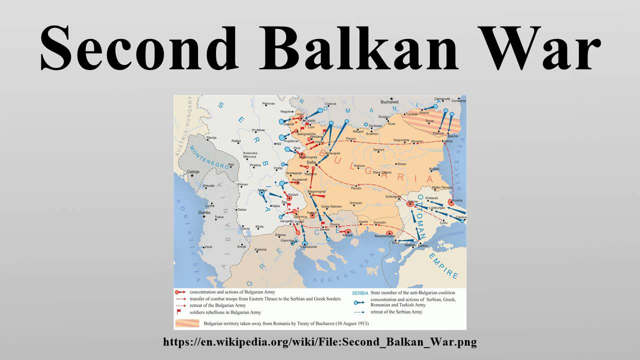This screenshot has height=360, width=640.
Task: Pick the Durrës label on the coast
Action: [x=204, y=213]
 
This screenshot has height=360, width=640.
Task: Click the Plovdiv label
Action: [x=356, y=187]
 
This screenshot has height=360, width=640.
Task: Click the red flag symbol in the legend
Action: [x=178, y=311]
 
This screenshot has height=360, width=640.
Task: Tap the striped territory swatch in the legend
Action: [x=186, y=323]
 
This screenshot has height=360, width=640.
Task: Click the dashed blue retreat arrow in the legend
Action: [x=359, y=312]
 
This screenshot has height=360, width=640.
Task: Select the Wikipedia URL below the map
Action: [x=320, y=342]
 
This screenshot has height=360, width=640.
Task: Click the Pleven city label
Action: [x=351, y=138]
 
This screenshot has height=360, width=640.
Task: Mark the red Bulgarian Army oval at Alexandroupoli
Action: [x=389, y=232]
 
